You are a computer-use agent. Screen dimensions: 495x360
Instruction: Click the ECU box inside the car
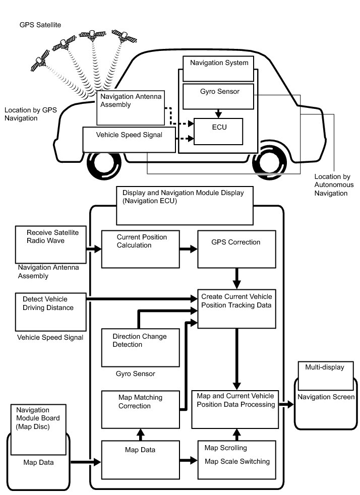point(218,131)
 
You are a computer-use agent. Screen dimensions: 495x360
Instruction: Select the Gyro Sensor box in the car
point(217,96)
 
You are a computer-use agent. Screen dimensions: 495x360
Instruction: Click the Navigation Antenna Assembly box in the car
point(131,107)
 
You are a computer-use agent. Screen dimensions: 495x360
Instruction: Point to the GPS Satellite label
point(40,24)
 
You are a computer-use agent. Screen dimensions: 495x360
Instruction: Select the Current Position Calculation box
point(141,249)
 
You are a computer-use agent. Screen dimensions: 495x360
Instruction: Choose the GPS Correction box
point(236,249)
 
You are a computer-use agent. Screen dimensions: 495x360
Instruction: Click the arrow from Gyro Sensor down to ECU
point(217,113)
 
